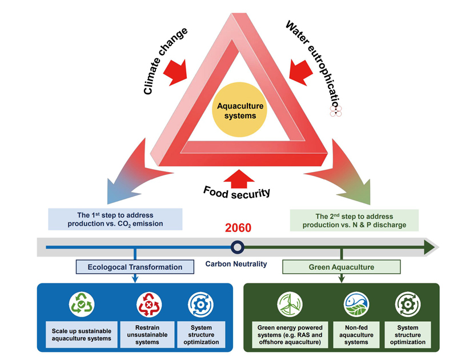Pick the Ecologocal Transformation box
pos(135,267)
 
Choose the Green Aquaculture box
pos(342,267)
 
